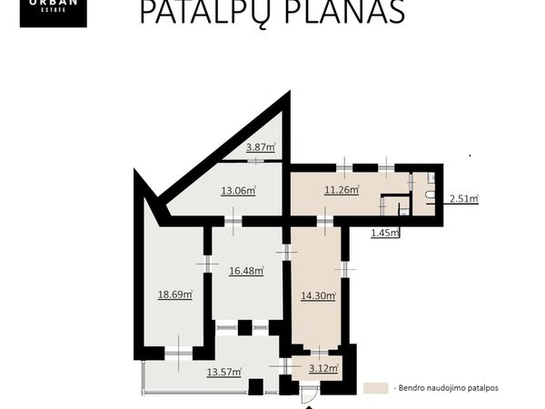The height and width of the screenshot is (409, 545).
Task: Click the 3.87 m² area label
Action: pyautogui.click(x=262, y=146)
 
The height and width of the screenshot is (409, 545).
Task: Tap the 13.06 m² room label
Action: pyautogui.click(x=238, y=191)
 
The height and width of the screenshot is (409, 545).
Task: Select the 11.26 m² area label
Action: pyautogui.click(x=342, y=191)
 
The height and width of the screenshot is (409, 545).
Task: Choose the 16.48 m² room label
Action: pyautogui.click(x=246, y=270)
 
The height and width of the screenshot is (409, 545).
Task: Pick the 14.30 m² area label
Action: pyautogui.click(x=318, y=295)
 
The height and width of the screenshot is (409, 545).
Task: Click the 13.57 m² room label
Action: pyautogui.click(x=223, y=372)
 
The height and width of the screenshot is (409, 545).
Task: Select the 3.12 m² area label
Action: pyautogui.click(x=323, y=369)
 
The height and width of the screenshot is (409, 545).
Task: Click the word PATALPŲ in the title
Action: pyautogui.click(x=195, y=13)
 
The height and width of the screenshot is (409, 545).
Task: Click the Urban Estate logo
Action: pyautogui.click(x=54, y=11)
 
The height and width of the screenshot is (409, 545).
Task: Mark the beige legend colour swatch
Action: pyautogui.click(x=375, y=388)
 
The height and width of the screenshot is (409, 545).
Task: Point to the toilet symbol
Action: pyautogui.click(x=429, y=196)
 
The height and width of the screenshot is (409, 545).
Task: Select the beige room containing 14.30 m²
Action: pyautogui.click(x=316, y=273)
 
